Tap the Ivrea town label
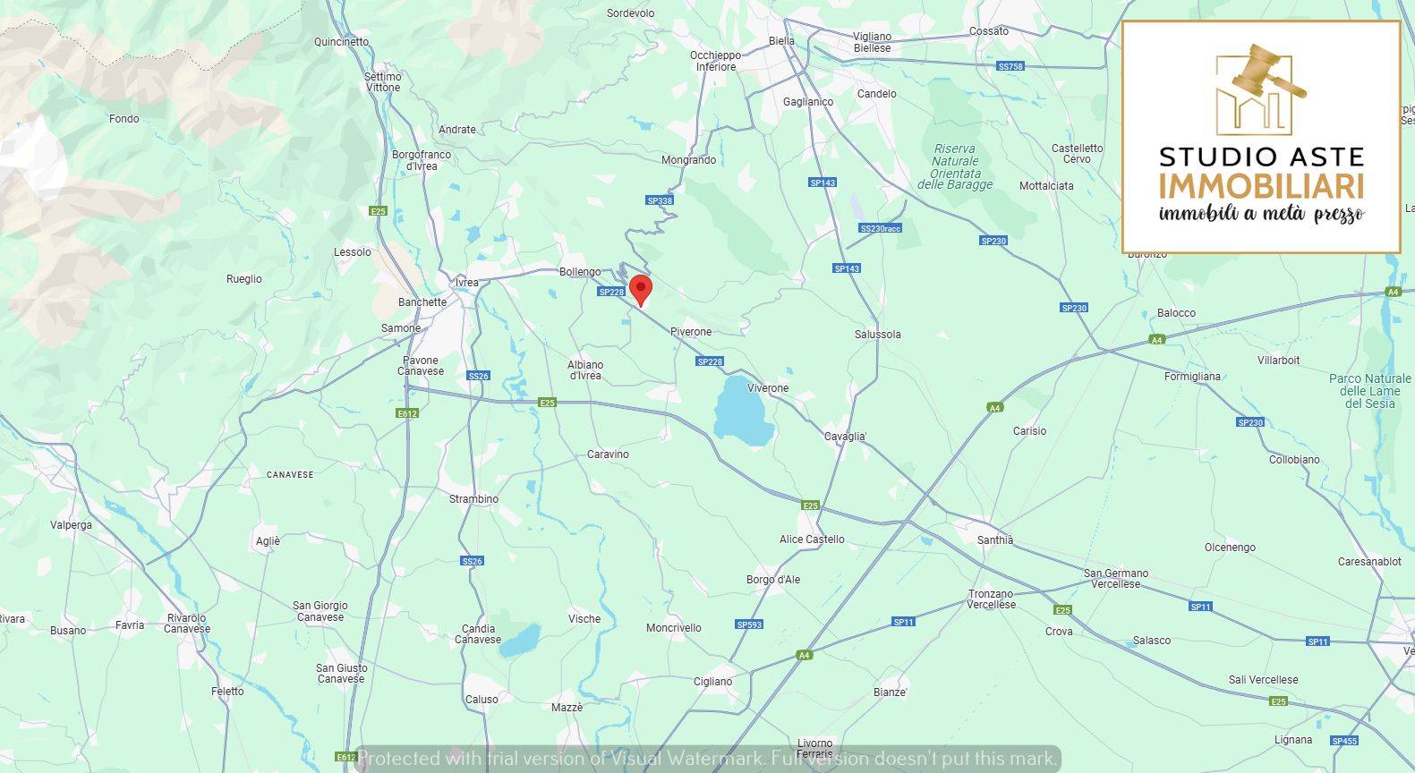tap(467, 283)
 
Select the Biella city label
tap(781, 41)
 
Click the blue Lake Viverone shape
tap(742, 412)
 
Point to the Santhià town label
tap(995, 540)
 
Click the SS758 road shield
tap(1010, 67)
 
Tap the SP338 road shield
tap(659, 200)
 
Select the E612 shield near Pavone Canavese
tap(407, 413)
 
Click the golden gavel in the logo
tap(1266, 72)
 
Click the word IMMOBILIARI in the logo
tap(1261, 187)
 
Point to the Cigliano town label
tap(712, 682)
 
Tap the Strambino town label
tap(473, 499)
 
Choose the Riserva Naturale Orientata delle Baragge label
tap(955, 167)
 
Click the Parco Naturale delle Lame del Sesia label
tap(1369, 391)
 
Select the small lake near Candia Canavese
tap(520, 641)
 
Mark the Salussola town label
tap(877, 335)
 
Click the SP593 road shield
tap(749, 624)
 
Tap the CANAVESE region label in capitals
tap(290, 475)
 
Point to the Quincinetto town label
tap(341, 42)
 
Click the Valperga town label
tap(71, 525)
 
